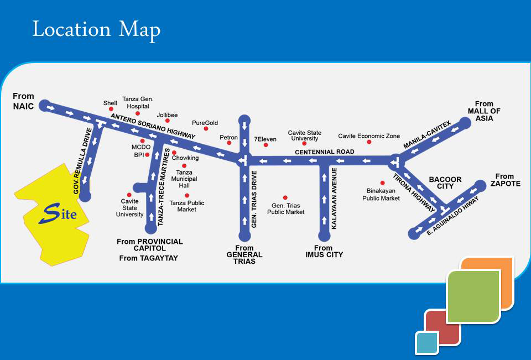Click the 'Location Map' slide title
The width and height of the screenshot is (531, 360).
[x=96, y=29]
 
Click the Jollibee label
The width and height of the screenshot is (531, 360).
[x=167, y=114]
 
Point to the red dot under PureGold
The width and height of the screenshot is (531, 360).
[x=206, y=129]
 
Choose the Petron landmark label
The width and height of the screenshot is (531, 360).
[x=228, y=137]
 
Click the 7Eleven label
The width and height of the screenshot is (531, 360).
[x=264, y=138]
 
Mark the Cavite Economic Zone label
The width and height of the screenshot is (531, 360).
[x=369, y=136]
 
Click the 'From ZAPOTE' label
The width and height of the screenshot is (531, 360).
[x=504, y=180]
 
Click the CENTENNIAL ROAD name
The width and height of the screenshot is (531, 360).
[x=325, y=152]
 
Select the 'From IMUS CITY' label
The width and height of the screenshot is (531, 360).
[x=324, y=252]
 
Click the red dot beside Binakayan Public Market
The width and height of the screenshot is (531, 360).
[x=382, y=182]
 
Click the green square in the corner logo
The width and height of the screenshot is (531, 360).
[x=473, y=296]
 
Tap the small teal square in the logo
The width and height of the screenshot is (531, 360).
[x=426, y=342]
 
